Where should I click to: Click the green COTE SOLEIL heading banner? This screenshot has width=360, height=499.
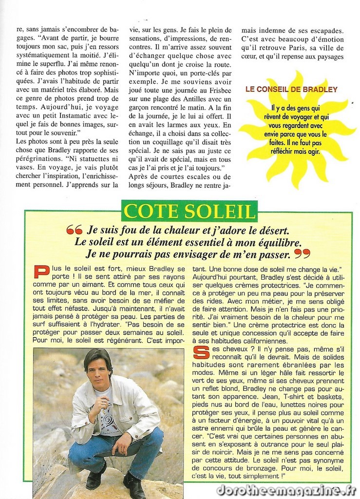point(189,211)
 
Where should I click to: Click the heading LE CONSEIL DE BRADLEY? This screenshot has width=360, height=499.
point(291,90)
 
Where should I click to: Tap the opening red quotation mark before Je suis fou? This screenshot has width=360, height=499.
point(75,230)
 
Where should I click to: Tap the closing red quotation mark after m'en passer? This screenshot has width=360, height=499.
point(302,254)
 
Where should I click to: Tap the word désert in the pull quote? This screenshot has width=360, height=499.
point(271,230)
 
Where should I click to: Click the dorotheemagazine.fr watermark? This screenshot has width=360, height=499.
point(286,490)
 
